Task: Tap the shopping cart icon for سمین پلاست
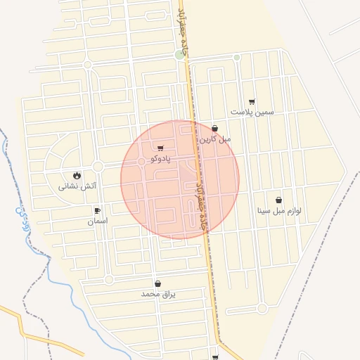pos(252,102)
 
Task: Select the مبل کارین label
pos(214,139)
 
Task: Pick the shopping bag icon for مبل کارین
pos(214,129)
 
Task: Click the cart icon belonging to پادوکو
pos(160,148)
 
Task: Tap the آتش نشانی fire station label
pos(77,186)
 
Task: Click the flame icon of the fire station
pos(77,175)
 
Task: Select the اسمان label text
pos(97,221)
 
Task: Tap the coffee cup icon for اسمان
pos(97,210)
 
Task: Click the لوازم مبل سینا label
pos(278,210)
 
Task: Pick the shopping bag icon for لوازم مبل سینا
pos(278,200)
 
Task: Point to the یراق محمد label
pos(158,294)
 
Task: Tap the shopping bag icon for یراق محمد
pos(157,283)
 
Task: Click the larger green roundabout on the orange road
pos(180,55)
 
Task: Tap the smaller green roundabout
pos(237,57)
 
